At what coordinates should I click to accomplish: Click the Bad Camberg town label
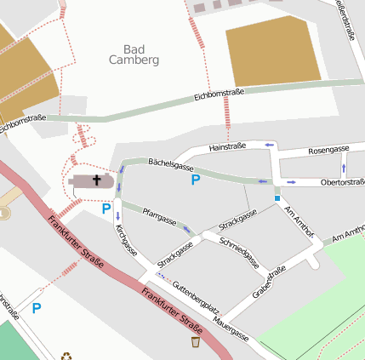[x=134, y=54]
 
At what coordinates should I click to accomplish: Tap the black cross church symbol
[x=97, y=180]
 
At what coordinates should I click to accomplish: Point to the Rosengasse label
[x=328, y=149]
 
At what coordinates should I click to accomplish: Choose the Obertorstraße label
[x=342, y=182]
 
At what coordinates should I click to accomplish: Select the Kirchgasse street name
[x=125, y=239]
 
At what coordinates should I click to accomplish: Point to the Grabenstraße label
[x=269, y=283]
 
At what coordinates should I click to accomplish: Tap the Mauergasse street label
[x=231, y=329]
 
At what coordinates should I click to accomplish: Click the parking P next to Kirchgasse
[x=106, y=209]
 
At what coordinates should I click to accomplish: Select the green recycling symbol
[x=66, y=356]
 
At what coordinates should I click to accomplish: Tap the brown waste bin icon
[x=196, y=342]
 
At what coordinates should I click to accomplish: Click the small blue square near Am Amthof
[x=277, y=198]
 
